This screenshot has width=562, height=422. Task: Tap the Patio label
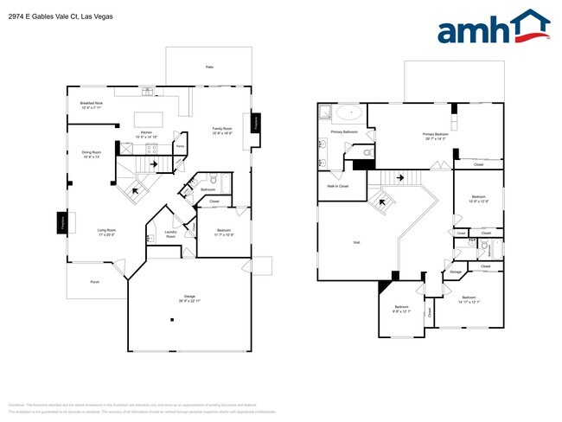tap(209, 67)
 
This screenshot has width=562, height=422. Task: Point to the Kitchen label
tap(146, 134)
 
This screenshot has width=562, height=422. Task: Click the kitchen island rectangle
tap(149, 118)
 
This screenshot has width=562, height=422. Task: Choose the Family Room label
tap(222, 131)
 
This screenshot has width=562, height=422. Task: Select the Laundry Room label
tap(170, 233)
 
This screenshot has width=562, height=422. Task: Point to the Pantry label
tap(180, 147)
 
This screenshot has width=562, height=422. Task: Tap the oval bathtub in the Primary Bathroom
tap(349, 112)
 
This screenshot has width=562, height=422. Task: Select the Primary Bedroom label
tap(434, 136)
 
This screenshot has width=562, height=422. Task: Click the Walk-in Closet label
tap(337, 186)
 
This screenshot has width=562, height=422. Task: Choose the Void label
tap(355, 243)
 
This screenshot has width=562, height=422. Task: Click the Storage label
tap(455, 272)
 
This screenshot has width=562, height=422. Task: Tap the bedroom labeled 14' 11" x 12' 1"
tap(468, 299)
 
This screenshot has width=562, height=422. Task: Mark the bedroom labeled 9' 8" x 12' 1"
tap(401, 310)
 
